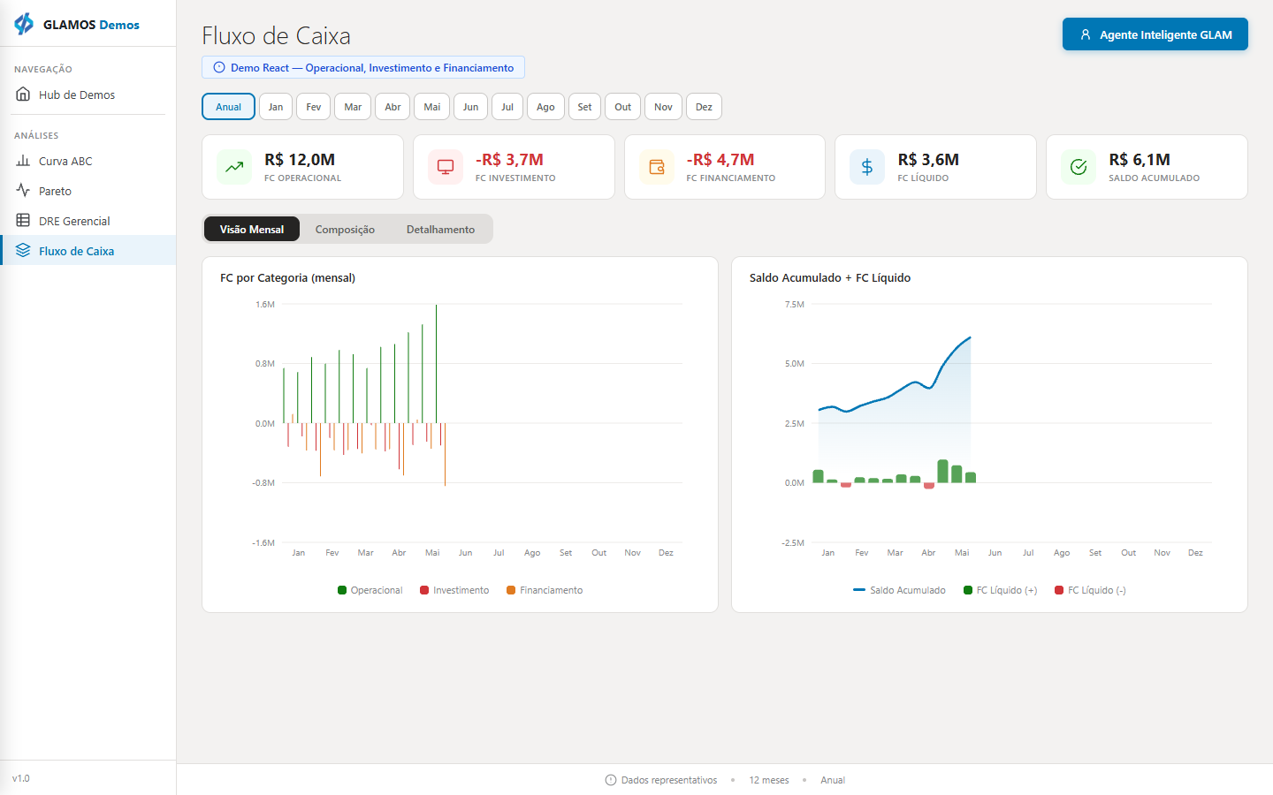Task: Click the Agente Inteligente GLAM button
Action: pyautogui.click(x=1155, y=34)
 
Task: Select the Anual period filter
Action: pyautogui.click(x=228, y=107)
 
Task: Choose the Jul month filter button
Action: pyautogui.click(x=507, y=107)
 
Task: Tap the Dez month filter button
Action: pyautogui.click(x=704, y=107)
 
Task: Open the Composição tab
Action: pyautogui.click(x=345, y=230)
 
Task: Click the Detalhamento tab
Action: pyautogui.click(x=440, y=230)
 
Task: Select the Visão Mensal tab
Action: pyautogui.click(x=252, y=230)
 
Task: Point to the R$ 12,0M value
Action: pyautogui.click(x=300, y=160)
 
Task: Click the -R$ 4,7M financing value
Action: pyautogui.click(x=720, y=160)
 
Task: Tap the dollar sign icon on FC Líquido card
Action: pyautogui.click(x=867, y=167)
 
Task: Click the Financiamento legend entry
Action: pyautogui.click(x=545, y=590)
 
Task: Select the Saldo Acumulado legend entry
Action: pyautogui.click(x=899, y=590)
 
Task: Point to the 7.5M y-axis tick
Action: pyautogui.click(x=795, y=305)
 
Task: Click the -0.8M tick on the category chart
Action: pyautogui.click(x=263, y=482)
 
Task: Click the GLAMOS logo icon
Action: pyautogui.click(x=24, y=25)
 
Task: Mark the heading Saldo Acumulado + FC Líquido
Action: pyautogui.click(x=830, y=277)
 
